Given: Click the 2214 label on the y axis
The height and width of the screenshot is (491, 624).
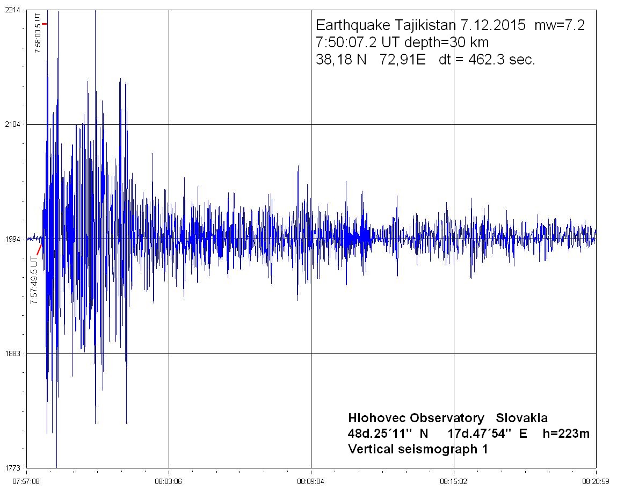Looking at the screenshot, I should click(x=12, y=10).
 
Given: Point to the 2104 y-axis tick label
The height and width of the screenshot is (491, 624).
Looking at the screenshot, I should click(x=12, y=124).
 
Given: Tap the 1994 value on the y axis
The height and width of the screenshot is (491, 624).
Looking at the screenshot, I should click(x=12, y=239).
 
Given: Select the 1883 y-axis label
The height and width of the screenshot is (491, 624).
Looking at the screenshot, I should click(x=12, y=353).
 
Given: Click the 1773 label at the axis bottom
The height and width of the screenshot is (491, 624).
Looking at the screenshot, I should click(x=12, y=468).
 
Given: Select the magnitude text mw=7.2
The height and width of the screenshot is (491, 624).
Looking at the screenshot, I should click(x=560, y=25).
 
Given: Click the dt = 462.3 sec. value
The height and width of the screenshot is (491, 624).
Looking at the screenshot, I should click(x=487, y=60).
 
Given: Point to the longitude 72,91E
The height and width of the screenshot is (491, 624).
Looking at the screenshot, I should click(x=402, y=60).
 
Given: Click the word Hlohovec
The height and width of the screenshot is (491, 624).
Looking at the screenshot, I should click(x=378, y=418).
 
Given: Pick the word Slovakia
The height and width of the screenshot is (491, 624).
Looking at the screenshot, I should click(x=521, y=418).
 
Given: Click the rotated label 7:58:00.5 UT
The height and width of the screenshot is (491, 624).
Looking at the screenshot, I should click(x=38, y=34).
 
